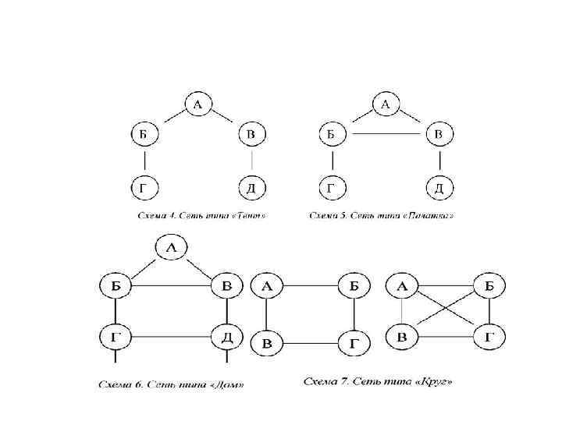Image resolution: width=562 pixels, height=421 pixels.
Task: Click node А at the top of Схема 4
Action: [x=197, y=104]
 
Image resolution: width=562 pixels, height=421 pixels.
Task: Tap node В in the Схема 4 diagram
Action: [x=251, y=135]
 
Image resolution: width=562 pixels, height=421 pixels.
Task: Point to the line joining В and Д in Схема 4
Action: [x=251, y=161]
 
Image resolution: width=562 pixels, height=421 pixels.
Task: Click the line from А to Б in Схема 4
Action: [x=169, y=119]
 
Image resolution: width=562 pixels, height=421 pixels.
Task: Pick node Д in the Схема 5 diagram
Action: [x=439, y=188]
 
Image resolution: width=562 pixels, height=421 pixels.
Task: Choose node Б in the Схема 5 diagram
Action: [x=332, y=135]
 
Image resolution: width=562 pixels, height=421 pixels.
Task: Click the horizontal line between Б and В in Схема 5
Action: [x=385, y=135]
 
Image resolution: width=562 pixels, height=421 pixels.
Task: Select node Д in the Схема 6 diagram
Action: [x=226, y=337]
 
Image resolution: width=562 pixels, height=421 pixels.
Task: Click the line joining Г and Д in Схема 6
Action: [x=169, y=337]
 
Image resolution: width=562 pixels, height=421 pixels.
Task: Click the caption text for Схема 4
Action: [x=200, y=214]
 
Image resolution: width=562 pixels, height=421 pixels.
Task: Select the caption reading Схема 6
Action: [x=171, y=384]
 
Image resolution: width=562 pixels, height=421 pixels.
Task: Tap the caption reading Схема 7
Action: [x=377, y=381]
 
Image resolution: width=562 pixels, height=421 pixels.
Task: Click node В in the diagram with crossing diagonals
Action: [x=401, y=336]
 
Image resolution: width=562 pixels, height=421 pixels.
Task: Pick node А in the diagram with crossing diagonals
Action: [x=401, y=286]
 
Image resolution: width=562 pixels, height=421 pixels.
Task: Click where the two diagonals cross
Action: [x=446, y=311]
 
